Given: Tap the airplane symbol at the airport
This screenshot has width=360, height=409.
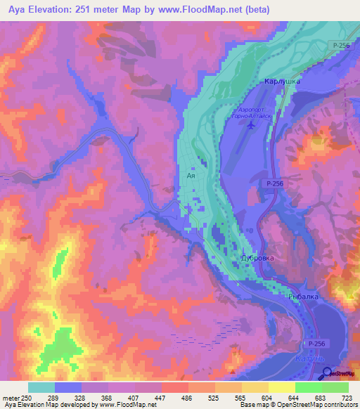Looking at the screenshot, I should coord(252,125).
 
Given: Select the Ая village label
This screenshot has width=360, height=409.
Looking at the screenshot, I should coord(191,176).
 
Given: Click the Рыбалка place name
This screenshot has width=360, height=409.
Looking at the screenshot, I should coord(304,297).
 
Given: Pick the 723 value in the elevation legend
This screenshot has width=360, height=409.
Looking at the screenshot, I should coord(348,398).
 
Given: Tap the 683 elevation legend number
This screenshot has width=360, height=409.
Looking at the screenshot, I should coord(321,398).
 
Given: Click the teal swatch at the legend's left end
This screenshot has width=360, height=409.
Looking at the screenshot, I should coord(41,387).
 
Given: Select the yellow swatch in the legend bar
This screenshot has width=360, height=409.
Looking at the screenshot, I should coord(281,387).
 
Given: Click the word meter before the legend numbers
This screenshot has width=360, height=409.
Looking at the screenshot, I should coord(11,398).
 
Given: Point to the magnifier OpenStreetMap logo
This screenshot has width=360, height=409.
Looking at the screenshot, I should coord(328,373).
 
